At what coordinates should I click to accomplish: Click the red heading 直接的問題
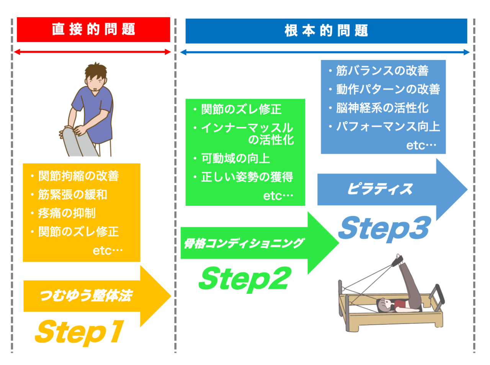click(x=93, y=29)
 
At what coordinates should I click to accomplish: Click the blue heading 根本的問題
click(x=326, y=31)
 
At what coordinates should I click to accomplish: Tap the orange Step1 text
click(x=79, y=331)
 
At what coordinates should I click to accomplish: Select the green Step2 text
click(x=244, y=279)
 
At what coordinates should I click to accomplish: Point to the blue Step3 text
click(x=384, y=228)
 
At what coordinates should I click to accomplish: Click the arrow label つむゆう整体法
click(x=86, y=295)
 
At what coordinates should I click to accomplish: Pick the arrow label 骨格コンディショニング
click(x=243, y=243)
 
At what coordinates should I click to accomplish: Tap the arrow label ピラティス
click(x=380, y=189)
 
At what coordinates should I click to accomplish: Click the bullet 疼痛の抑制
click(x=67, y=213)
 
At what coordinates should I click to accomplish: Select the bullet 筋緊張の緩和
click(x=72, y=194)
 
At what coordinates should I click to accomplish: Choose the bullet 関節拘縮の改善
click(x=78, y=176)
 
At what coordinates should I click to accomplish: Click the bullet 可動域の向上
click(x=235, y=158)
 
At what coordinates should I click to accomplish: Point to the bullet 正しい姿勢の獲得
click(x=247, y=177)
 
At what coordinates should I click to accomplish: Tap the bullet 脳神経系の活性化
click(x=382, y=108)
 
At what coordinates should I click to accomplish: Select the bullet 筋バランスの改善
click(x=382, y=71)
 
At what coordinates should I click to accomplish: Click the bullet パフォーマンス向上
click(x=388, y=127)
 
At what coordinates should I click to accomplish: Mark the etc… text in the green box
click(x=278, y=196)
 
